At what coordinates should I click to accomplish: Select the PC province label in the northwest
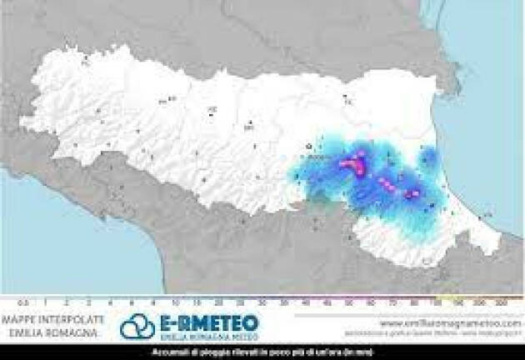(86, 59)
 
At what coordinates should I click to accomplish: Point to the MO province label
(248, 127)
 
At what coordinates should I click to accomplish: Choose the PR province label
(165, 101)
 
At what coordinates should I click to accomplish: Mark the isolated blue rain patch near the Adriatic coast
(427, 156)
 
